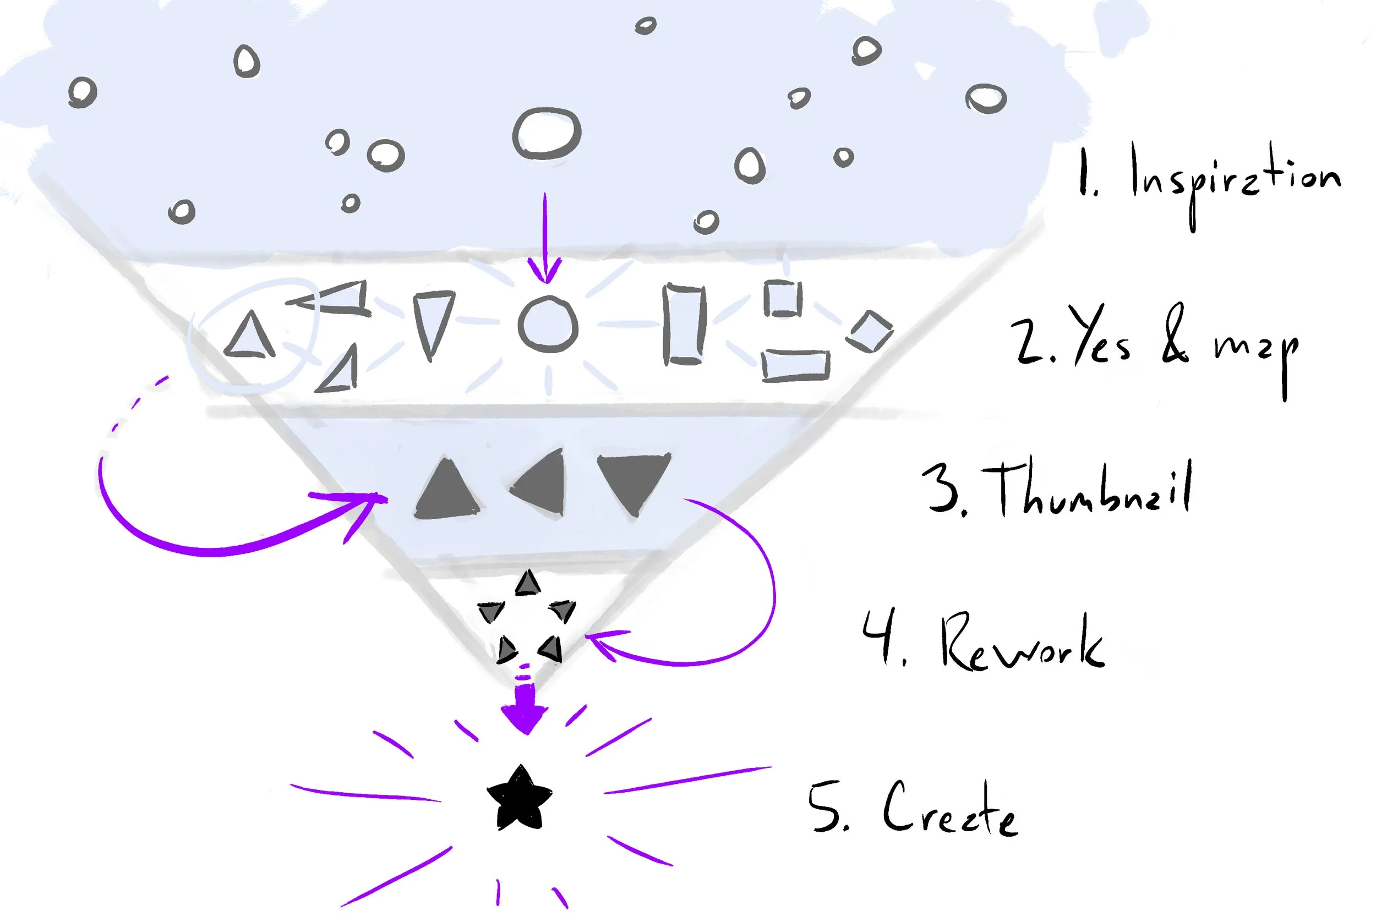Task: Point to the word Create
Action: pyautogui.click(x=950, y=810)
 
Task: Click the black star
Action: pyautogui.click(x=520, y=799)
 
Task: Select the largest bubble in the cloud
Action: pyautogui.click(x=547, y=134)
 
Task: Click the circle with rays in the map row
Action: pyautogui.click(x=548, y=325)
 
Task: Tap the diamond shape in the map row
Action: pyautogui.click(x=870, y=331)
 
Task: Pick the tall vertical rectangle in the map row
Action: pyautogui.click(x=684, y=325)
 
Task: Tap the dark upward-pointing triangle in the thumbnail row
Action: pyautogui.click(x=447, y=490)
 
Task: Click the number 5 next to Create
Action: pyautogui.click(x=826, y=807)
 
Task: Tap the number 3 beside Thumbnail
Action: pyautogui.click(x=943, y=488)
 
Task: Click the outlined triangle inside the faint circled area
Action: pyautogui.click(x=250, y=336)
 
